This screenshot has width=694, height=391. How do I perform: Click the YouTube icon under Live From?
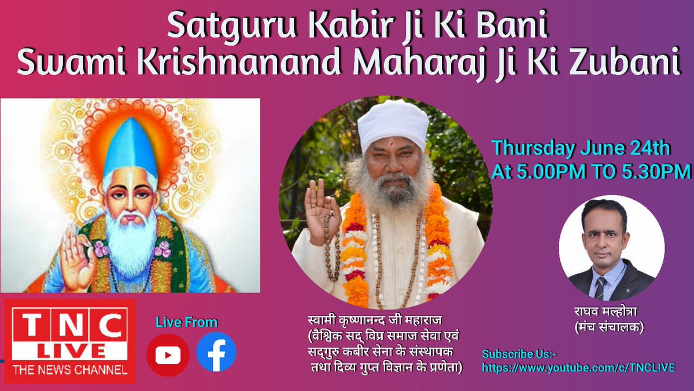coord(168,355)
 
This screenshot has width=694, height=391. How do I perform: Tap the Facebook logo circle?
coord(216,352)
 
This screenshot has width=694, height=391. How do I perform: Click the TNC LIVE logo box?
coord(70,341)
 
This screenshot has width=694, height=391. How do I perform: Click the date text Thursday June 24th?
coord(581,148)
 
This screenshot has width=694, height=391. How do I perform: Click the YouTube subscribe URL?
coord(579,368)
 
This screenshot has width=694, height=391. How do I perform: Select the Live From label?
coord(186,322)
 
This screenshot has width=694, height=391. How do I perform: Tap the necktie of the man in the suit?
coord(600,288)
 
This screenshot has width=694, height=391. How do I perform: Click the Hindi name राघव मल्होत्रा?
coord(606,312)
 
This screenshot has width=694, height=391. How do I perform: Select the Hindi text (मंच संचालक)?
coord(609,327)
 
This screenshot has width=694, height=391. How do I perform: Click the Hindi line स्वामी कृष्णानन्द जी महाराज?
coord(375,320)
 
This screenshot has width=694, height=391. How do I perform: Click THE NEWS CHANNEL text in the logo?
coord(70,370)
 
